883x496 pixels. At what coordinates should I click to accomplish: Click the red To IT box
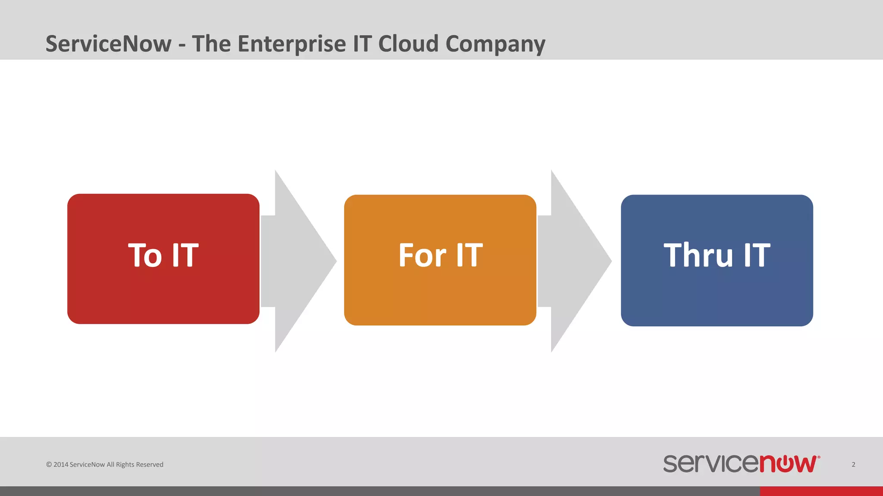coord(163,293)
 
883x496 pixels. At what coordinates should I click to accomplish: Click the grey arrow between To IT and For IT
coord(297,261)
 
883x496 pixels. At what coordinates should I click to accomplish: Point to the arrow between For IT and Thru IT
coord(573,261)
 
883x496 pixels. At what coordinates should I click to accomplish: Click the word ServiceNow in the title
coord(108,44)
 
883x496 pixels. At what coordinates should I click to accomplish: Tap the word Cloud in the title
coord(408,44)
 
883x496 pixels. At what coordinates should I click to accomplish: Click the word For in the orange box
coord(422,255)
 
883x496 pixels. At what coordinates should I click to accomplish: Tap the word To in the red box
coord(145,255)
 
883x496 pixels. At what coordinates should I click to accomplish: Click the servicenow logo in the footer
coord(741,464)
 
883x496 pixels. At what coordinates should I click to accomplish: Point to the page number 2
coord(853,464)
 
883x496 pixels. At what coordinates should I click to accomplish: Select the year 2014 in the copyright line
coord(61,465)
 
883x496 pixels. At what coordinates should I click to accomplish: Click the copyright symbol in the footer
coord(49,465)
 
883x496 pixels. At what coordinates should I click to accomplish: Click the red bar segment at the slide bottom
coord(821,491)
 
